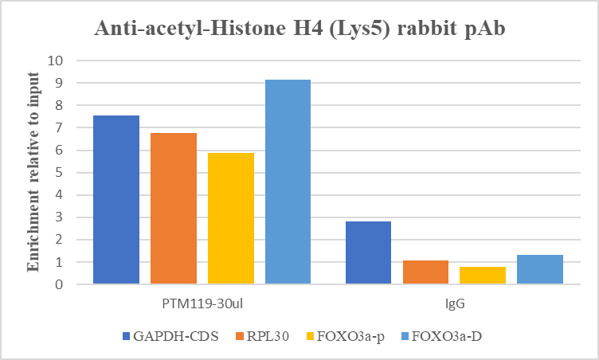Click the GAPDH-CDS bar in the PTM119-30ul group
tap(116, 199)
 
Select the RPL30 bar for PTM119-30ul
tap(174, 208)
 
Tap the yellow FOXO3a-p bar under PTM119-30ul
tap(231, 218)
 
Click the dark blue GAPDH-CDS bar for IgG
tap(369, 252)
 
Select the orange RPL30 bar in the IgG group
tap(426, 272)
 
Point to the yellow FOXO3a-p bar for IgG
tap(483, 276)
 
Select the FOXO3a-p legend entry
tap(333, 336)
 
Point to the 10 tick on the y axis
tap(55, 61)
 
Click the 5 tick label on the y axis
tap(58, 172)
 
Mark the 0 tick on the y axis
tap(58, 284)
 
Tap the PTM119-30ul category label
tap(202, 304)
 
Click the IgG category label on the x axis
tap(455, 304)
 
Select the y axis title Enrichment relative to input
tap(33, 171)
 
